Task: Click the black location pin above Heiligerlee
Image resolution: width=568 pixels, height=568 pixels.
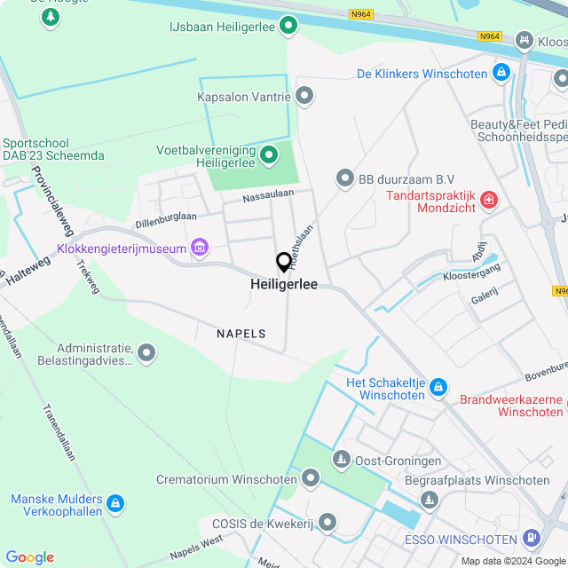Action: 284,262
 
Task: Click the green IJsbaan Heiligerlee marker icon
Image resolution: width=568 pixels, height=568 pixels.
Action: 288,27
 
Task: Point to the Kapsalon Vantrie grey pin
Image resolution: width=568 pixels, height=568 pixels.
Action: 304,95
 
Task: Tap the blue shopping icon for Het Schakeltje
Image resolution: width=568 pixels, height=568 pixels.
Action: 438,387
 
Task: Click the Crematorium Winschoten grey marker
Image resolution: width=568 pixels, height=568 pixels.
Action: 311,479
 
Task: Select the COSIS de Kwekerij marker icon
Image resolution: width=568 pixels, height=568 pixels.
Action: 327,522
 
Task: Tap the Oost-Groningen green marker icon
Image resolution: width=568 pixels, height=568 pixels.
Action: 341,460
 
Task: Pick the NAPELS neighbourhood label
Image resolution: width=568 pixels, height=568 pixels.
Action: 241,334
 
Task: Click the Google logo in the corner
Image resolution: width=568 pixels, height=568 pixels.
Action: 29,556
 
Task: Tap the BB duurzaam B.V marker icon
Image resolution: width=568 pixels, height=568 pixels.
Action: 344,179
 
